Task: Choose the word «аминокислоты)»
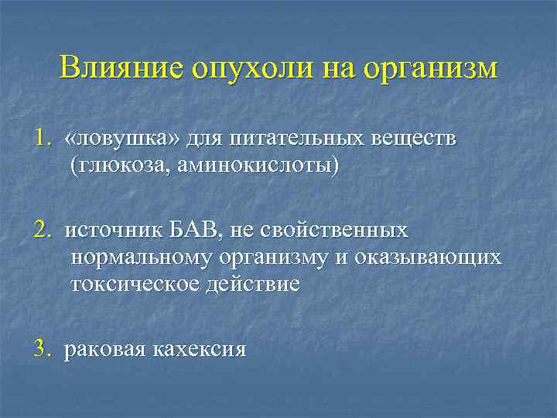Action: coord(255,166)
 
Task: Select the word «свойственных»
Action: coord(335,231)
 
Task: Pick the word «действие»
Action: coord(251,283)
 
